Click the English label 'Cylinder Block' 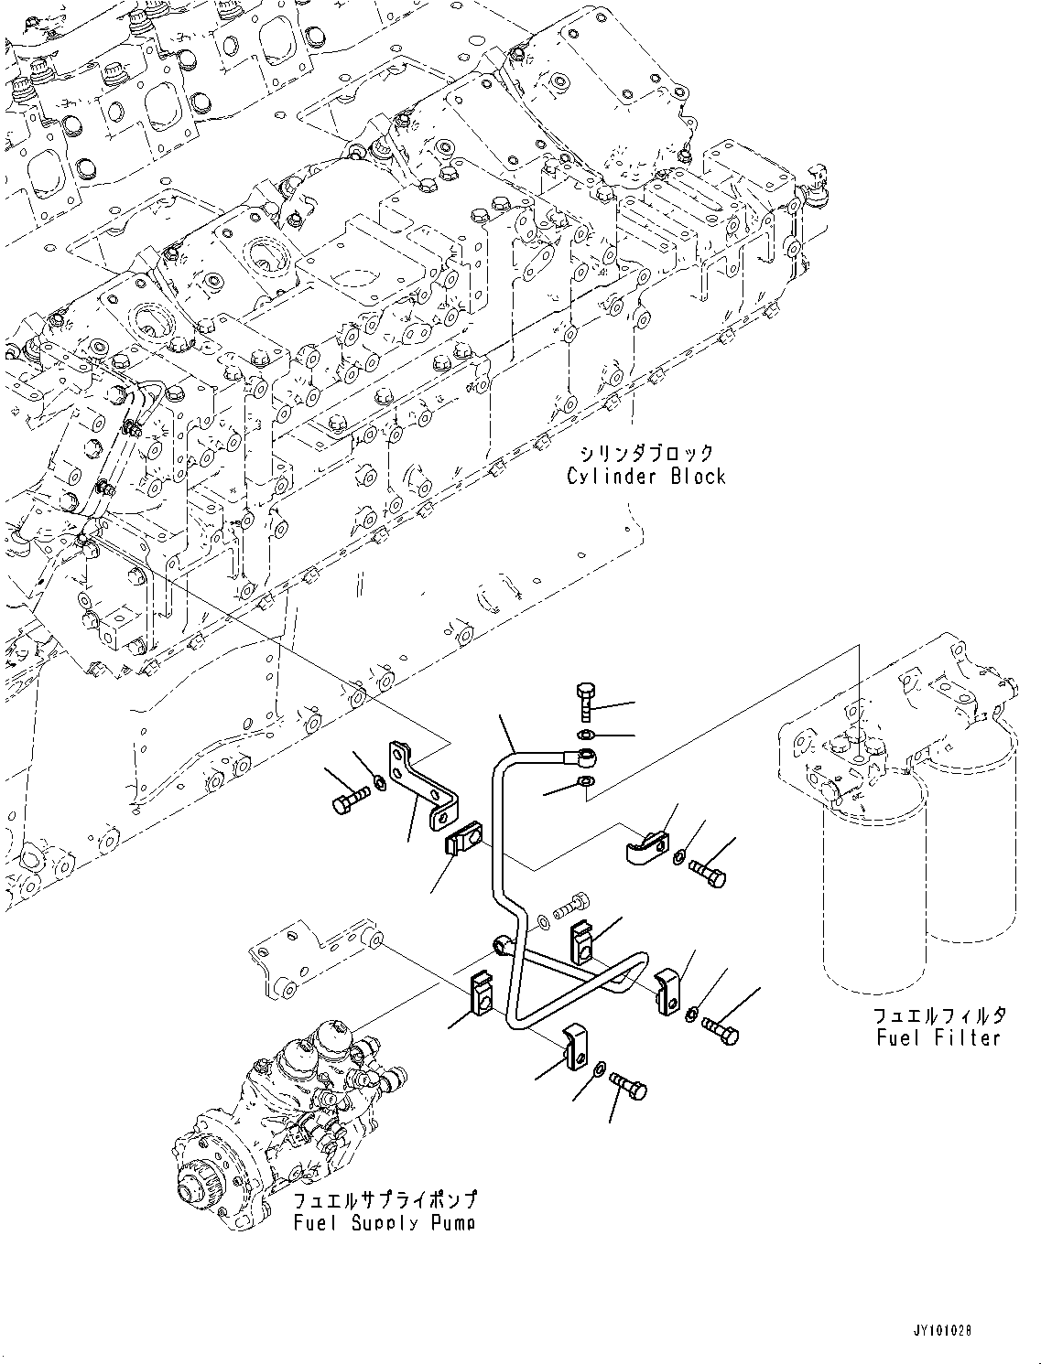[645, 477]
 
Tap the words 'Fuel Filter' [938, 1038]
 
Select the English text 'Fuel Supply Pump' [385, 1223]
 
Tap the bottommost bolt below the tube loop [628, 1087]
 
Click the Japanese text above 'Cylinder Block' [645, 453]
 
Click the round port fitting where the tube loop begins [502, 944]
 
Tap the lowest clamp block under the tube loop [575, 1047]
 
